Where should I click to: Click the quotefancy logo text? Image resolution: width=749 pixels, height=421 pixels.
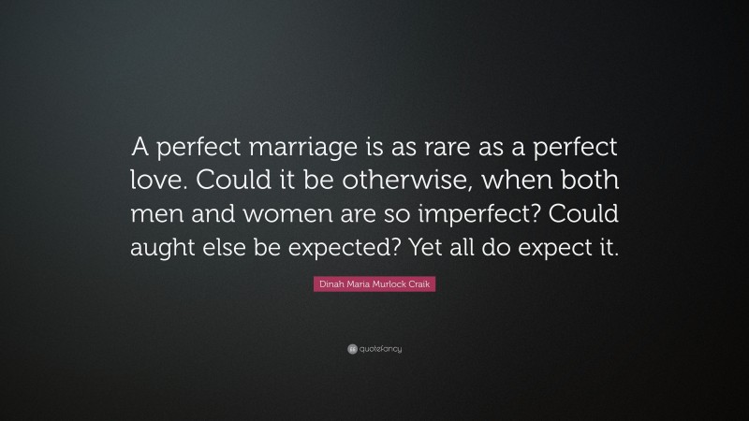click(381, 349)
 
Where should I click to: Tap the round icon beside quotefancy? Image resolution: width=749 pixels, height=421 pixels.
click(352, 349)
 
